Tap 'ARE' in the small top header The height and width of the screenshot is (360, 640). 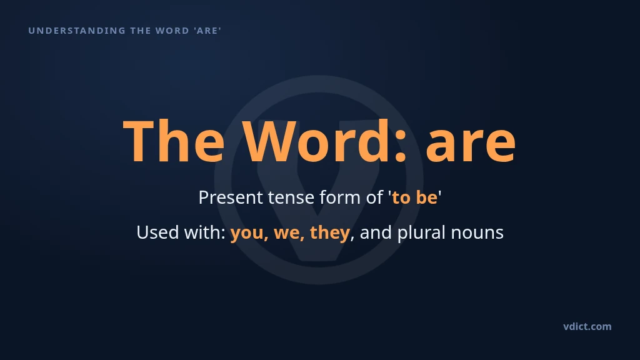207,31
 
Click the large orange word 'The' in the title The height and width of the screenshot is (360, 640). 174,141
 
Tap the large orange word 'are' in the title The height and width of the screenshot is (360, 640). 471,144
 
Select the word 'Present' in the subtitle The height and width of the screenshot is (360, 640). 231,197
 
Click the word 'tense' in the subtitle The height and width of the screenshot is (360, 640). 291,198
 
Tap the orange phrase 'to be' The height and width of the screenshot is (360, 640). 414,197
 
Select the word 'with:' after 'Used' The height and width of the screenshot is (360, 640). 205,232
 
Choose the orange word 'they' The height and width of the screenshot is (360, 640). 330,232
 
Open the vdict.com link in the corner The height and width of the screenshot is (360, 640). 587,326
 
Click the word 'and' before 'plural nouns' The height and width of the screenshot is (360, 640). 376,232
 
